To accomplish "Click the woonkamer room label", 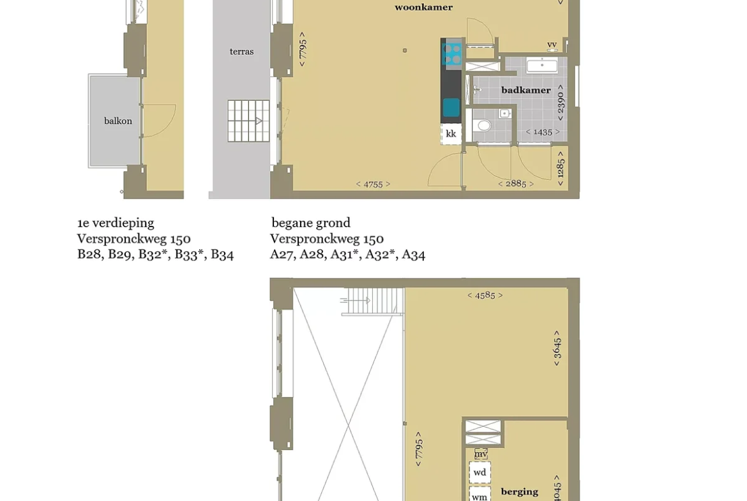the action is coord(423,7).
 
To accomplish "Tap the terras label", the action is coord(241,52).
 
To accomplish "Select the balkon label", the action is coord(118,121).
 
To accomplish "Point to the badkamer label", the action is coord(526,90).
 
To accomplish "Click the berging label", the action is coord(519,491).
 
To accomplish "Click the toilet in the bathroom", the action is coord(484,125).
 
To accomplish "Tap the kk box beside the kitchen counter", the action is coord(451,134).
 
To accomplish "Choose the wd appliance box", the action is coord(479,472).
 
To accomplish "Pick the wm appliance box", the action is coord(479,495).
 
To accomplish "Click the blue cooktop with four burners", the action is coord(451,54).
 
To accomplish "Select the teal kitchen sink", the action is coord(451,108).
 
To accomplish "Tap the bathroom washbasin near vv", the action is coord(542,64).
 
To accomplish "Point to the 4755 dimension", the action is coord(373,184).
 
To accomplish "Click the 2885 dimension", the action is coord(516,184).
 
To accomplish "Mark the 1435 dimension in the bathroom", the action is coord(543,132).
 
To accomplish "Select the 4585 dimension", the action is coord(485,295).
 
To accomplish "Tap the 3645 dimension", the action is coord(557,348).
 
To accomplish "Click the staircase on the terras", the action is coord(248,121).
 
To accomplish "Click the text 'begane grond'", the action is coord(311,223).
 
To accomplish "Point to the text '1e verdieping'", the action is coord(116,223).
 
